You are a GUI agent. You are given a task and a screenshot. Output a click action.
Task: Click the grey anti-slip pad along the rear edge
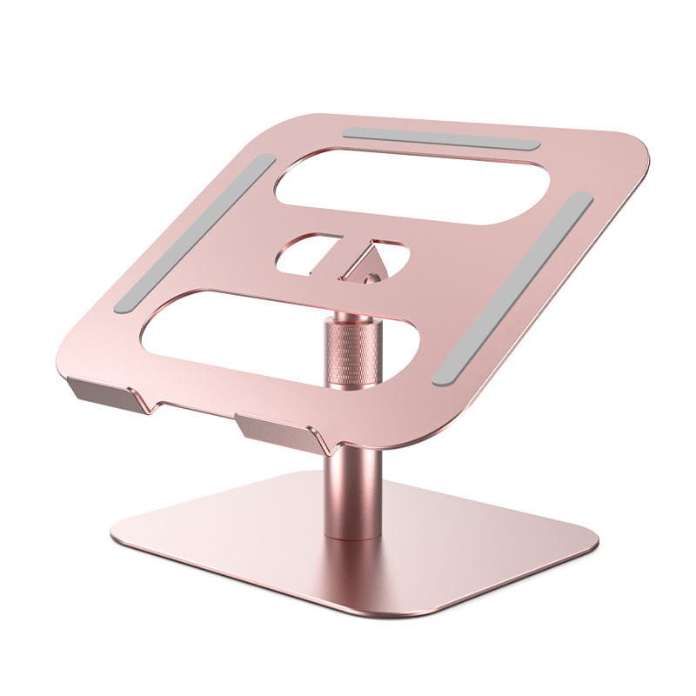tap(441, 139)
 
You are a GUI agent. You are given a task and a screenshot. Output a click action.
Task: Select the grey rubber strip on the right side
tap(513, 289)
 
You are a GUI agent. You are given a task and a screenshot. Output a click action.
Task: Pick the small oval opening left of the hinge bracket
tap(304, 253)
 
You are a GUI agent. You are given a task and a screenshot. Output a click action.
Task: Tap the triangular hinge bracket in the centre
tap(364, 263)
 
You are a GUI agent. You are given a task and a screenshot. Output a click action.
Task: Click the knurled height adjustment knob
tap(352, 351)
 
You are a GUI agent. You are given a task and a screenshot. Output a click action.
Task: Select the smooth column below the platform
tap(352, 492)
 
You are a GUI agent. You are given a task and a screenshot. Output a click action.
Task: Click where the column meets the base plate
tap(352, 532)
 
